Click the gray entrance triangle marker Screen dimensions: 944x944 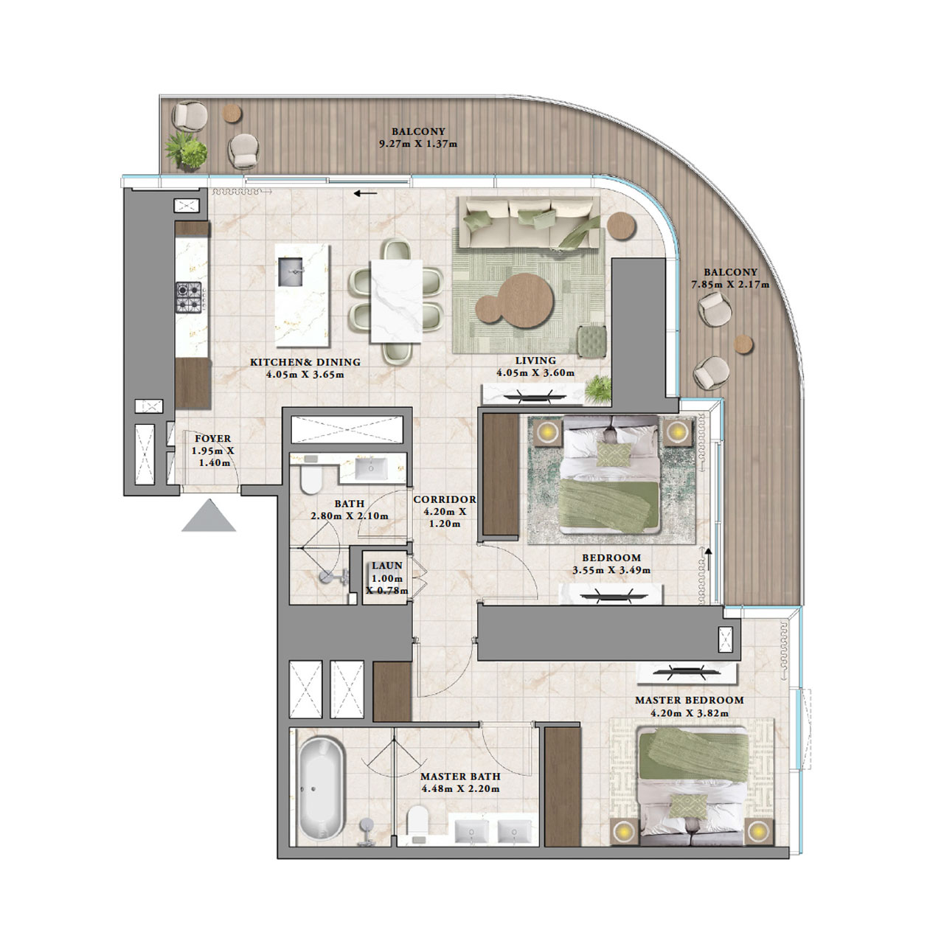(209, 517)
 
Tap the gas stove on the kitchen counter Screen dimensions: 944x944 (187, 298)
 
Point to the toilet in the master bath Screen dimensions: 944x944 (417, 822)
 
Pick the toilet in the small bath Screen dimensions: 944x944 (310, 480)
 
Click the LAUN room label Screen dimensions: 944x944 (387, 566)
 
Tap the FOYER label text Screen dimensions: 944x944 (212, 438)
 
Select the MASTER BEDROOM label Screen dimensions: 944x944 (689, 700)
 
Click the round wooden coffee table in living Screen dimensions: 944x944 (516, 297)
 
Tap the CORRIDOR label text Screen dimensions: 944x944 (445, 499)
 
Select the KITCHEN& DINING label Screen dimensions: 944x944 (305, 362)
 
